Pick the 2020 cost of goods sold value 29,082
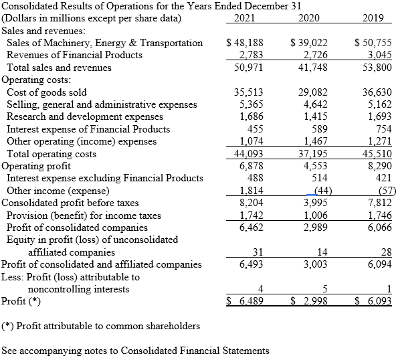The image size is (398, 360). point(313,92)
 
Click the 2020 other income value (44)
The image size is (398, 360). point(316,190)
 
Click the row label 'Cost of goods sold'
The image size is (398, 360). point(47,92)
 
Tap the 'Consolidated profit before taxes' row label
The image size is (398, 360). point(71,202)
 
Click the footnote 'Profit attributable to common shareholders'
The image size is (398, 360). point(101,326)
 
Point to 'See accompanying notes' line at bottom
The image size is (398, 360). point(136,351)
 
